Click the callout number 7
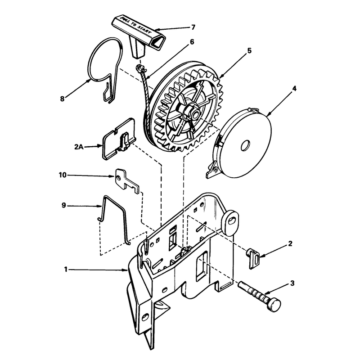[193, 27]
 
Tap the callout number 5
[250, 50]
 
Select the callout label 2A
[79, 147]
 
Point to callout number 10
[63, 175]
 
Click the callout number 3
[292, 283]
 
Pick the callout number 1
[66, 269]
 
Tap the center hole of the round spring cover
[246, 145]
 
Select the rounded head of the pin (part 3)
[274, 305]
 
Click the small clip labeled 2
[253, 258]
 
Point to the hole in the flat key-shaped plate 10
[118, 178]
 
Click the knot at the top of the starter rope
[140, 68]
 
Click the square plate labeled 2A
[118, 139]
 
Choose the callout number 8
[62, 99]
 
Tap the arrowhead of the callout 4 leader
[269, 114]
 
